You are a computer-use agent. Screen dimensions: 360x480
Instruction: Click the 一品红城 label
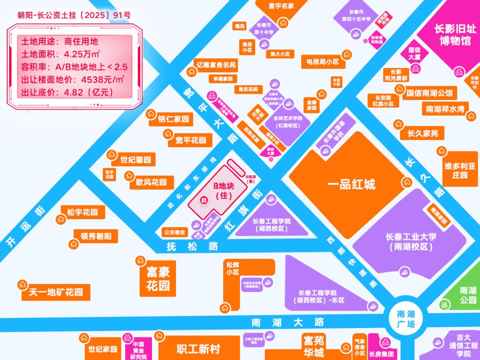click(x=351, y=184)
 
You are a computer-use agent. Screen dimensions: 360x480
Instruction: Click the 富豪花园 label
click(x=158, y=279)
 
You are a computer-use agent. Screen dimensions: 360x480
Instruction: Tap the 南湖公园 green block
click(x=468, y=295)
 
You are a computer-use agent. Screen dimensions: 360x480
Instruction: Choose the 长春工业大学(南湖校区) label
click(x=411, y=241)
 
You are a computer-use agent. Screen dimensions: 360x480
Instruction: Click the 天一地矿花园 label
click(x=56, y=292)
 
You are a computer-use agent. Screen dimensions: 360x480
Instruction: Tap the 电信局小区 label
click(x=320, y=62)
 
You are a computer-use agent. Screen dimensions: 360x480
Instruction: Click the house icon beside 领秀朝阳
click(x=73, y=244)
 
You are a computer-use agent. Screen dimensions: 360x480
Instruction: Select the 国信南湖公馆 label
click(x=429, y=93)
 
